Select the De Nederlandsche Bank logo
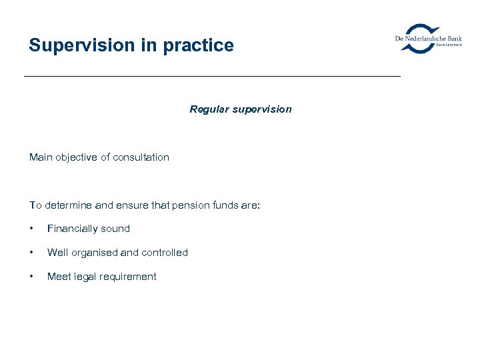428,39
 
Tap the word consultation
141,157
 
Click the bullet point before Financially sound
31,229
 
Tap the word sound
116,229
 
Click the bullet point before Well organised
31,253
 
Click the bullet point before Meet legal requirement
31,277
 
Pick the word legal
85,277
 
